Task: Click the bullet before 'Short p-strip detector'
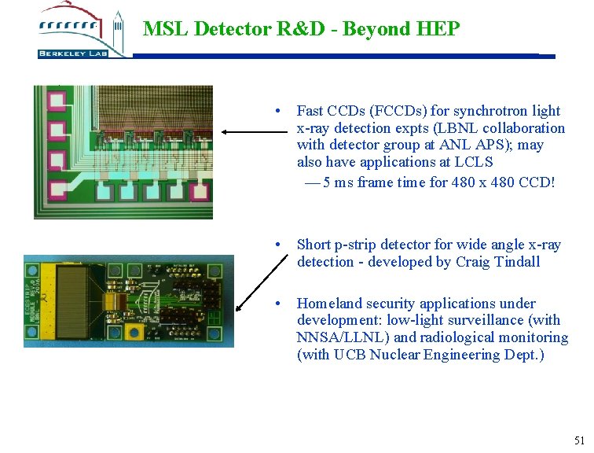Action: click(278, 245)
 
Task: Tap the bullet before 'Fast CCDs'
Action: click(278, 111)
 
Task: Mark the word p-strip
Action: click(359, 245)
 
